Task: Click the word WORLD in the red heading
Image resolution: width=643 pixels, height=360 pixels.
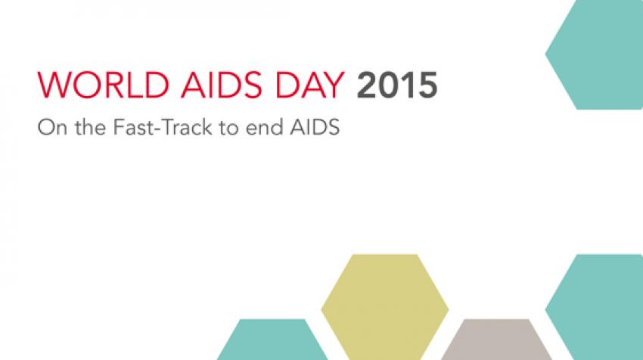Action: [104, 85]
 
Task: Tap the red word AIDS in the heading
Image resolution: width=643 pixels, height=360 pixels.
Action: [222, 85]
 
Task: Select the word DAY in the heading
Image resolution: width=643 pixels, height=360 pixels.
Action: [309, 85]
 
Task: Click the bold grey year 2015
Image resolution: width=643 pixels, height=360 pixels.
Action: [397, 85]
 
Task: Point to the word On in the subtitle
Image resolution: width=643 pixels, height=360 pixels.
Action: [52, 127]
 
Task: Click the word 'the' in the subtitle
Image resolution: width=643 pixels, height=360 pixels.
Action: [90, 127]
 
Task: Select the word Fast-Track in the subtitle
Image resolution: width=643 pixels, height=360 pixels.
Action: [163, 127]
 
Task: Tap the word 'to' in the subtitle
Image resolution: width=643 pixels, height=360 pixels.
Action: [228, 128]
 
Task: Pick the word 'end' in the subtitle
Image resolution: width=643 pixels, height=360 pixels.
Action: [264, 127]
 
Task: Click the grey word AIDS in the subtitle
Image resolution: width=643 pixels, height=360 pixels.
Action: [315, 127]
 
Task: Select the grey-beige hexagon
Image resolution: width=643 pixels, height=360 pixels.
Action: [496, 340]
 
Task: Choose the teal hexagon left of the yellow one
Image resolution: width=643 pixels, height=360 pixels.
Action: [272, 340]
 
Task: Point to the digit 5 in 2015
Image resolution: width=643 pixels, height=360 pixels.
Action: [427, 85]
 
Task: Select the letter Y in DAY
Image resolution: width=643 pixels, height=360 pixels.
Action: [333, 85]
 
